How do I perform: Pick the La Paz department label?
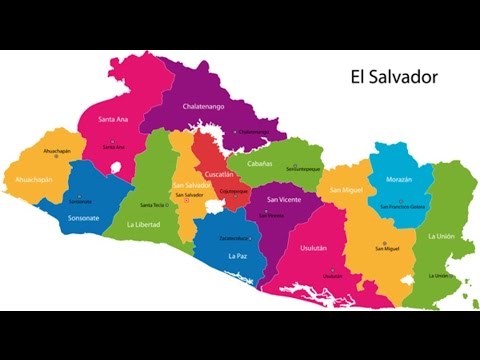238,256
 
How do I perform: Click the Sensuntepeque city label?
275,169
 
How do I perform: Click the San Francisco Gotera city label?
402,207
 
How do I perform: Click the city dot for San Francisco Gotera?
400,201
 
